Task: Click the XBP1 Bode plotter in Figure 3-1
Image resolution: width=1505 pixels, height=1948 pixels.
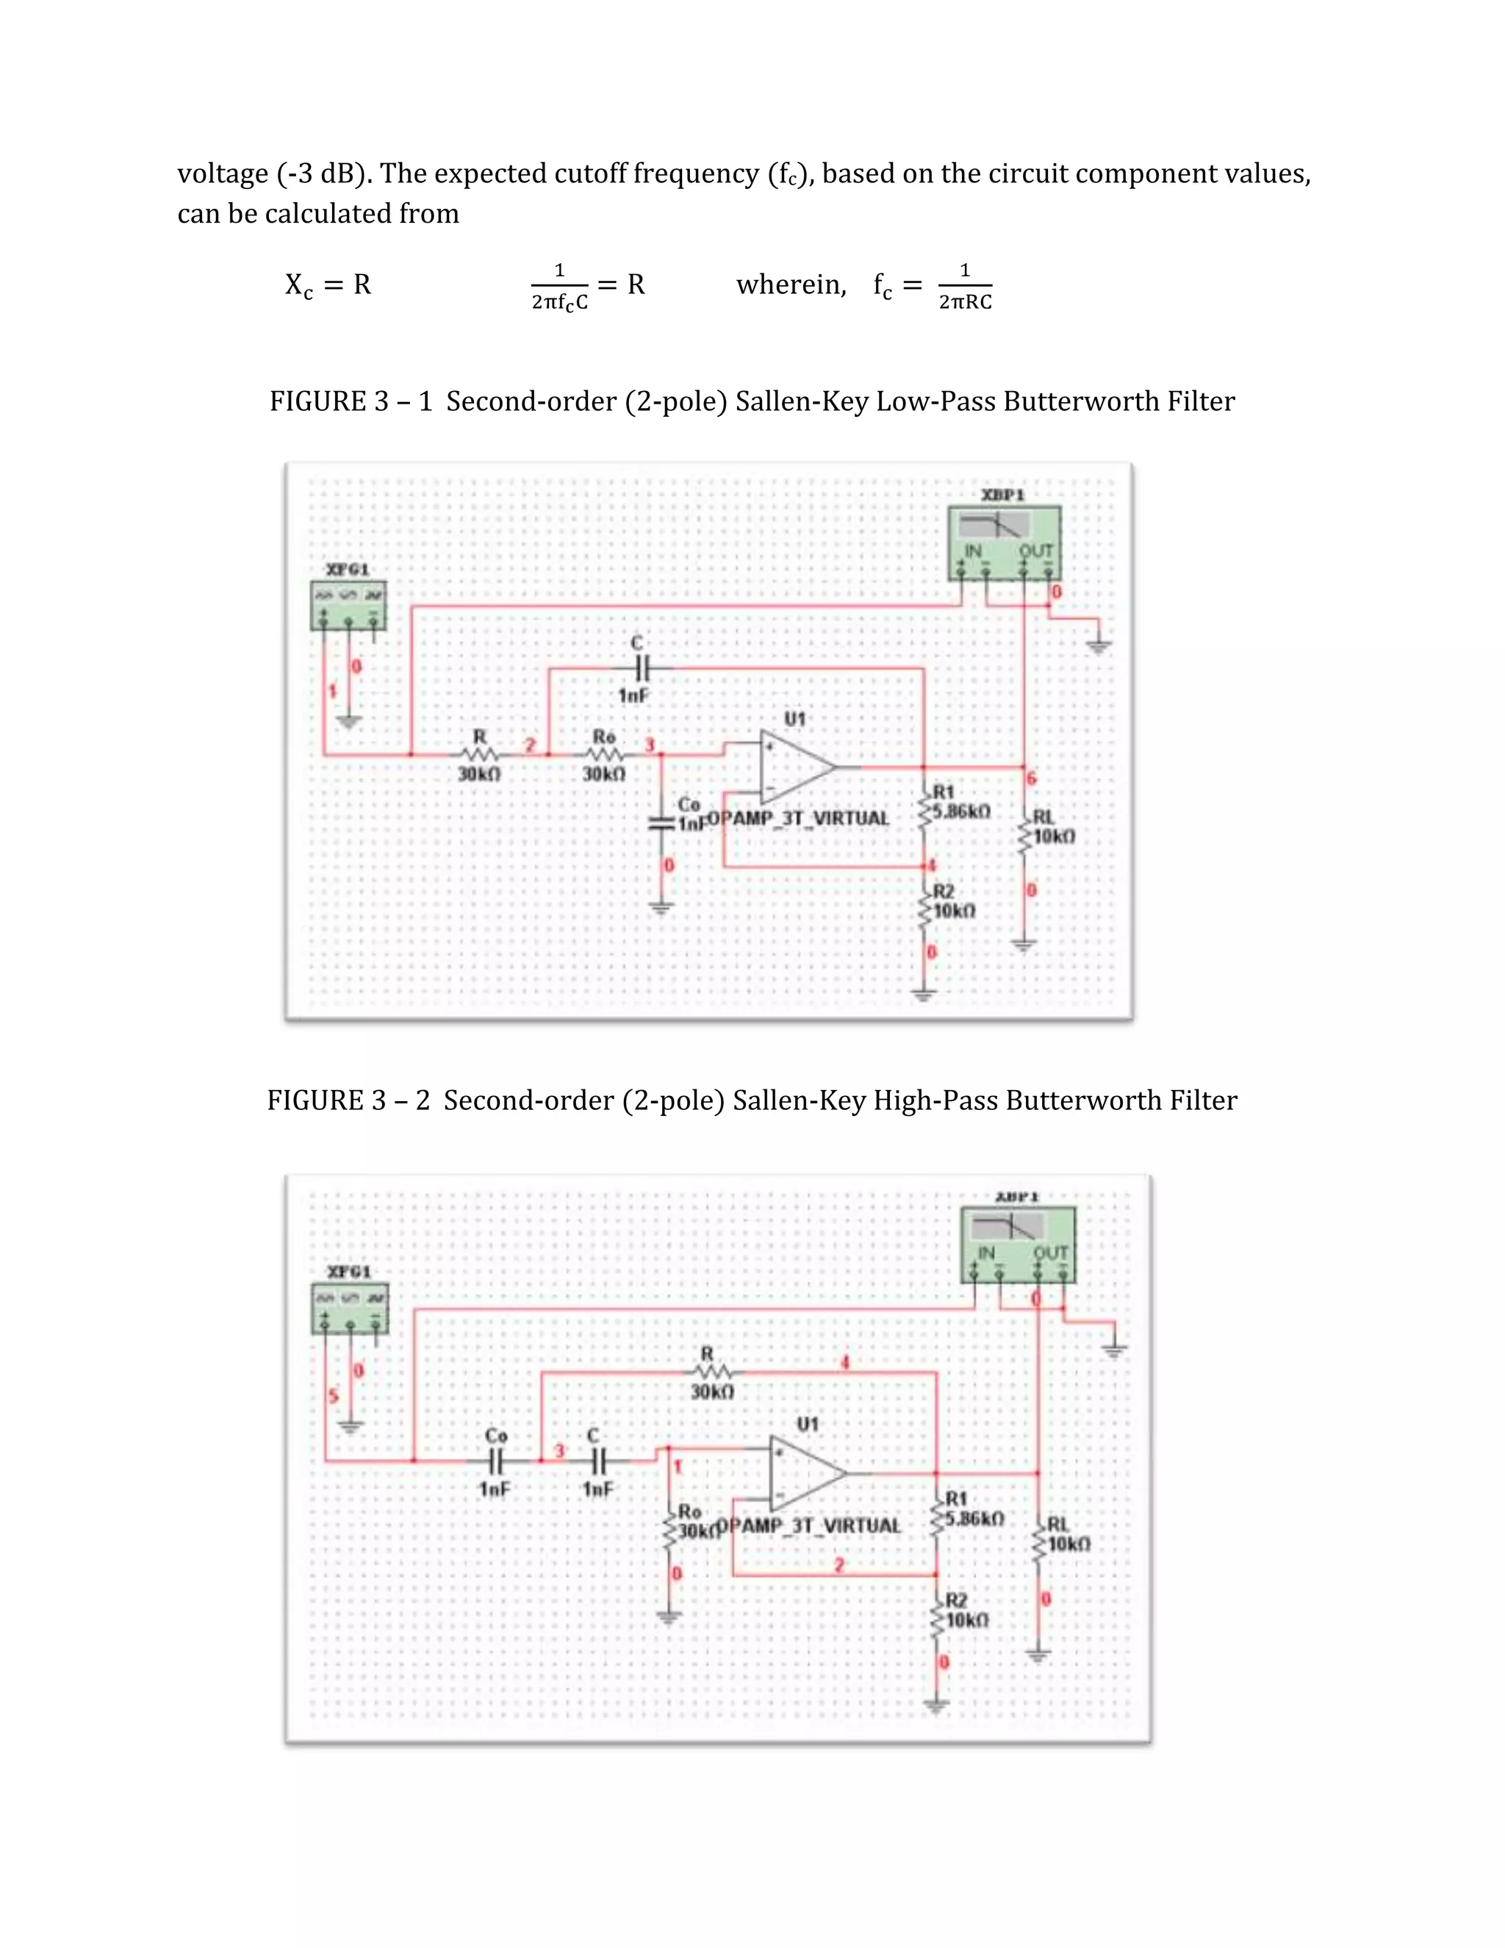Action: pos(1005,542)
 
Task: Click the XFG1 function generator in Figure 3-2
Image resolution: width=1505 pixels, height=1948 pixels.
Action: pos(350,1307)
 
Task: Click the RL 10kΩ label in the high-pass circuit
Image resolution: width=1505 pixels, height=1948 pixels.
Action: pos(1067,1543)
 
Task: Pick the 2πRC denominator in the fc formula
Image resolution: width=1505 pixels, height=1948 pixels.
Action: pos(965,302)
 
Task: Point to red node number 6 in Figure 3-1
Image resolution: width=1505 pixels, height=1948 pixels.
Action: pos(1032,778)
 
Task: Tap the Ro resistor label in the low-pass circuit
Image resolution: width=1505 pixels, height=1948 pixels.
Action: pos(603,737)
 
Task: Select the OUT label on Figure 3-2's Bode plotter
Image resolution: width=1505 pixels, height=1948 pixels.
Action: pos(1050,1253)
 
